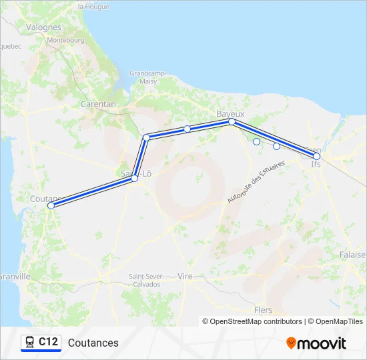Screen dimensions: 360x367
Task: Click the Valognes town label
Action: click(43, 27)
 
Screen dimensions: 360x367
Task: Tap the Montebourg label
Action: click(66, 40)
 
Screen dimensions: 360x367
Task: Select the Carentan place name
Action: click(98, 104)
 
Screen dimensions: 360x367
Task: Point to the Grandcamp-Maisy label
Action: click(144, 77)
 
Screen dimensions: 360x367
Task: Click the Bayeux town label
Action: click(231, 114)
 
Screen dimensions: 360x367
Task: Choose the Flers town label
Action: click(264, 310)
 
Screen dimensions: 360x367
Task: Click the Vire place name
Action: click(186, 275)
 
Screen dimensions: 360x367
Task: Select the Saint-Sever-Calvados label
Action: click(145, 280)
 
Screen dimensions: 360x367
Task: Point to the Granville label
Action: click(15, 276)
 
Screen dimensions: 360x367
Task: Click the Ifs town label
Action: click(316, 163)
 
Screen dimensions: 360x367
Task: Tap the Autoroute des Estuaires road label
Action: click(256, 181)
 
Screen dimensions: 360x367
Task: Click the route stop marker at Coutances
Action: click(51, 206)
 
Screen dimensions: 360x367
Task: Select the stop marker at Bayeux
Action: click(232, 122)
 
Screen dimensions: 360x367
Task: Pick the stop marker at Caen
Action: click(317, 157)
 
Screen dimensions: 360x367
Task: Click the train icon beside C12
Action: click(29, 343)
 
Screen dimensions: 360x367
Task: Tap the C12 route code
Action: click(48, 342)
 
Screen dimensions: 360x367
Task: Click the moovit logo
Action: click(316, 343)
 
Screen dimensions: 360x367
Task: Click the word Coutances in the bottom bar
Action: click(93, 343)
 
